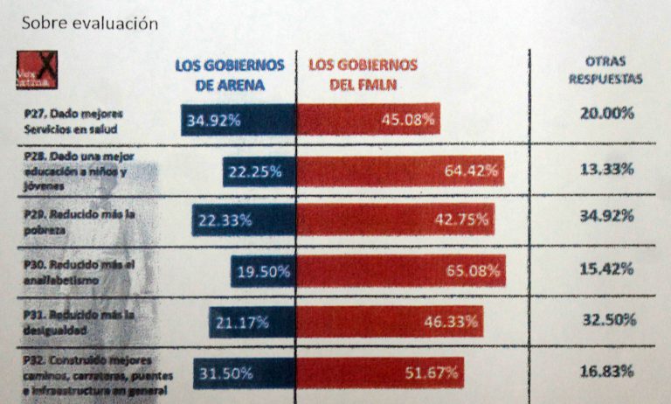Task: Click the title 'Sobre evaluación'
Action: point(89,24)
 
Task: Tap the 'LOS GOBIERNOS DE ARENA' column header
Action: point(231,75)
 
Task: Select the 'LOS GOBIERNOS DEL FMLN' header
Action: point(363,75)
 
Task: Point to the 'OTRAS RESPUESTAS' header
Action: point(605,70)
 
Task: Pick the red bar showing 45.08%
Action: point(369,120)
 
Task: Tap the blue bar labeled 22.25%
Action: point(259,171)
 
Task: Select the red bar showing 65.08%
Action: point(401,271)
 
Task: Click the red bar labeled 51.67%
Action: point(381,373)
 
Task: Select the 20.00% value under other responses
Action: point(606,113)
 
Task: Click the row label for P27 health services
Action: point(75,121)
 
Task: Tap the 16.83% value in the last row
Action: point(606,372)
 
